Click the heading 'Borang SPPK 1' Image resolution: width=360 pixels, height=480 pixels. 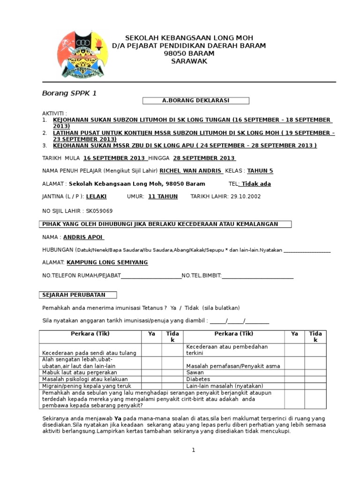69,93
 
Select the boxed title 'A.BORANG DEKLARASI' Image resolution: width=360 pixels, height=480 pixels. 195,100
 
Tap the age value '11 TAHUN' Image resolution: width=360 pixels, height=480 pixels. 163,196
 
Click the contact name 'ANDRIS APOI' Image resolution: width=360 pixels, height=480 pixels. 83,237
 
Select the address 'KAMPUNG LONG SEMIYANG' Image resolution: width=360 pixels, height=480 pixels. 107,262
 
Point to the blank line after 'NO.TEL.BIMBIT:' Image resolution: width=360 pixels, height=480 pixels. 257,276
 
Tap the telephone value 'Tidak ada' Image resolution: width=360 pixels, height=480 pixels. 256,184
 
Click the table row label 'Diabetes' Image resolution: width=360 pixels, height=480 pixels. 198,379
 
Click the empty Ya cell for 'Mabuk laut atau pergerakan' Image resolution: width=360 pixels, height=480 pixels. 151,372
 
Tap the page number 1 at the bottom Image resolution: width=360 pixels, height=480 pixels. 193,450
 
